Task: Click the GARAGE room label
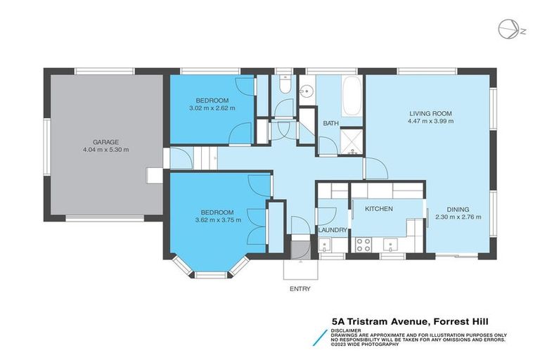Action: pos(105,141)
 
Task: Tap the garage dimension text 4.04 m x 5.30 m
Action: pos(105,150)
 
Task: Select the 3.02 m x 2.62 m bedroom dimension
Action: pos(212,108)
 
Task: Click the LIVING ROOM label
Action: pos(431,112)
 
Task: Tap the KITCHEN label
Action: pos(378,209)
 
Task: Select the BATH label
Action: pos(330,124)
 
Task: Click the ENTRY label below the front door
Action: pos(300,288)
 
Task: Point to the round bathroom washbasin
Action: pos(307,91)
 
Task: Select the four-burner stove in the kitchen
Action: pos(364,245)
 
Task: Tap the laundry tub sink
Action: pos(324,245)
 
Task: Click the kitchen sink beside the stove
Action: pos(389,245)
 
